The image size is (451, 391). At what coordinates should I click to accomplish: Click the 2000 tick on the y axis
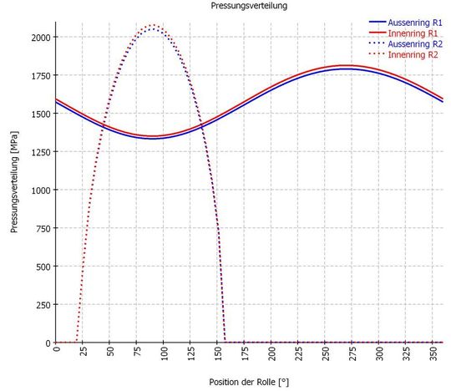point(40,38)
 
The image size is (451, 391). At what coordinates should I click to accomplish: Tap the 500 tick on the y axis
point(43,267)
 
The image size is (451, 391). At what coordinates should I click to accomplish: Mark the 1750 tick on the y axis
point(40,76)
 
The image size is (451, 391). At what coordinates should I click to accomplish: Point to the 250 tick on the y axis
point(43,305)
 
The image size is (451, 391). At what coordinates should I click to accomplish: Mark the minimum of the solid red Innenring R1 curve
point(152,136)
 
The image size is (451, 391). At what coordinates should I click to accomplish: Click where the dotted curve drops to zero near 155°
point(225,342)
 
